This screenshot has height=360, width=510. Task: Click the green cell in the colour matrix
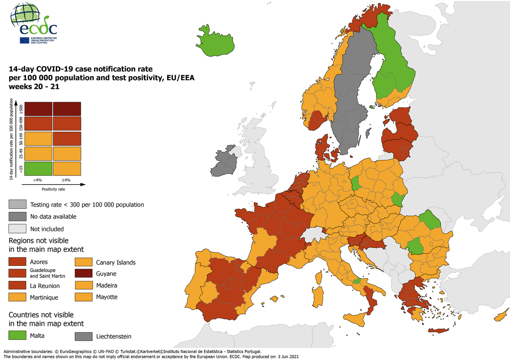[x=38, y=168]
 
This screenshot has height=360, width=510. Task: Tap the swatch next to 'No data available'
[x=17, y=216]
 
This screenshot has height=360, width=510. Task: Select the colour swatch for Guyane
[x=83, y=274]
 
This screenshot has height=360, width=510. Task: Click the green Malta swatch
[x=17, y=336]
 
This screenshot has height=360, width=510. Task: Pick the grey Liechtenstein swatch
[x=83, y=336]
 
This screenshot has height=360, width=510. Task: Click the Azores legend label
[x=39, y=262]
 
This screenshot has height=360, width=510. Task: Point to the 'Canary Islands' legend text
[x=116, y=262]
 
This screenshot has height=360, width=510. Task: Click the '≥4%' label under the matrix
[x=66, y=180]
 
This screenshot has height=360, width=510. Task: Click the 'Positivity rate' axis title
[x=54, y=190]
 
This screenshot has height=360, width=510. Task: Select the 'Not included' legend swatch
[x=17, y=229]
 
